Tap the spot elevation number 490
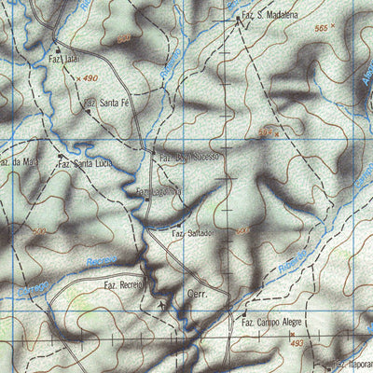click(x=90, y=78)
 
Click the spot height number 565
click(x=322, y=30)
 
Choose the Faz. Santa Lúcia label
click(x=83, y=164)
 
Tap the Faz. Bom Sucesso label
click(x=187, y=157)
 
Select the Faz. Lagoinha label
click(x=159, y=191)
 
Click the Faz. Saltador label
click(x=195, y=234)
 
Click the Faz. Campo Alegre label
click(x=271, y=322)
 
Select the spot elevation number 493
click(x=297, y=344)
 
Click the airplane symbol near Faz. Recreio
click(x=162, y=303)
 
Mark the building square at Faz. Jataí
click(x=57, y=49)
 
